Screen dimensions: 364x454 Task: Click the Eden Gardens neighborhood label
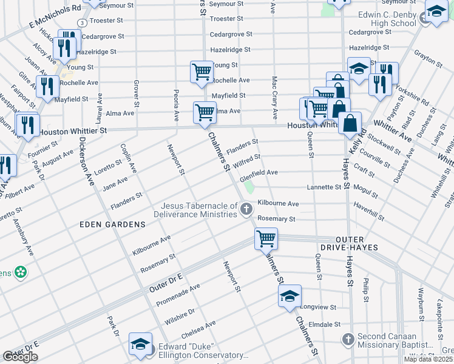click(x=113, y=224)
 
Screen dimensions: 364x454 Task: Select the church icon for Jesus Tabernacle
click(x=246, y=210)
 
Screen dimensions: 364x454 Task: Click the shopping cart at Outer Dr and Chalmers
click(x=266, y=238)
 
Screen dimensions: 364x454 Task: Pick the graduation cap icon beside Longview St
click(x=290, y=297)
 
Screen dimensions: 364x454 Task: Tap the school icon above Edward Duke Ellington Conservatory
click(x=140, y=344)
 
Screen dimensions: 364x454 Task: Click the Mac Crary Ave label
click(x=274, y=97)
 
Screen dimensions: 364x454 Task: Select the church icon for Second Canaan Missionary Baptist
click(x=348, y=339)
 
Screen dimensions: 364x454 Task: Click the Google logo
click(x=20, y=356)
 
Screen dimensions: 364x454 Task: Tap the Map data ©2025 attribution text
click(x=428, y=359)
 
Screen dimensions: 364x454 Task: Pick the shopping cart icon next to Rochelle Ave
click(x=202, y=72)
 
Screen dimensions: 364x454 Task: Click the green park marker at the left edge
click(x=21, y=272)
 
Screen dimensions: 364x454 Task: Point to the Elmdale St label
click(x=324, y=325)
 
